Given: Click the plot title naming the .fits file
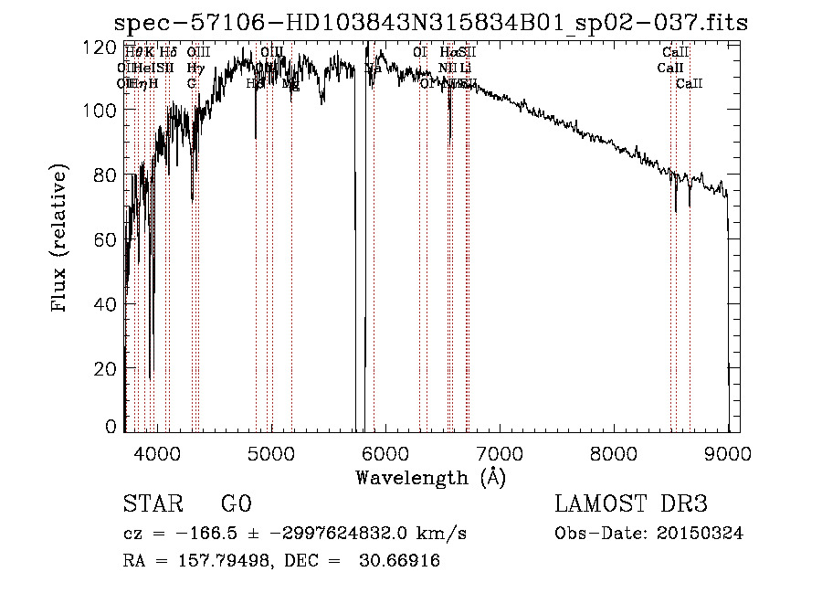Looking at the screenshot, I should click(x=429, y=23).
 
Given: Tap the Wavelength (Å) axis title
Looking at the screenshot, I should click(x=430, y=477).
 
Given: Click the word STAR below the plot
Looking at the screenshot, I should click(x=153, y=504).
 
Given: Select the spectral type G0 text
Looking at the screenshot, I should click(x=236, y=504).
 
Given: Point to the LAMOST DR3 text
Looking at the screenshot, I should click(x=631, y=504).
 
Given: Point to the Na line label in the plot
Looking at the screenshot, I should click(x=374, y=69).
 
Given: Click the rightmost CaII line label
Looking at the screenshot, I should click(x=690, y=84).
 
